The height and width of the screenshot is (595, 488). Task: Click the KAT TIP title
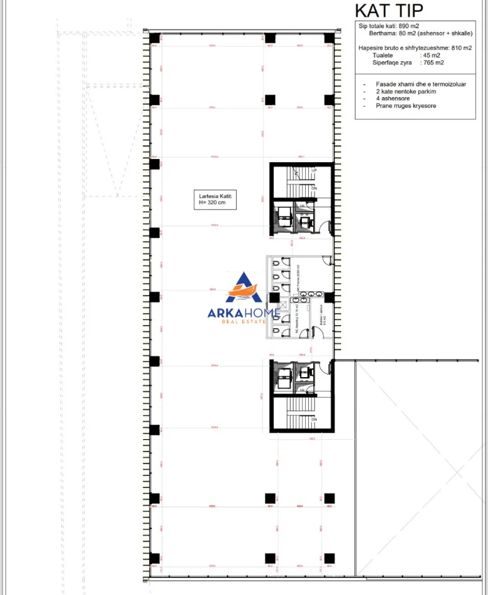(x=389, y=11)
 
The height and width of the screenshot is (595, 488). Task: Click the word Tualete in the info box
(x=383, y=55)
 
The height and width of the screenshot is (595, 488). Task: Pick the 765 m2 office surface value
(x=432, y=63)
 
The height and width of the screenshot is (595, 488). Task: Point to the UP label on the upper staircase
(x=314, y=170)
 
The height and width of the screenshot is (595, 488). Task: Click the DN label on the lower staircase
(x=314, y=419)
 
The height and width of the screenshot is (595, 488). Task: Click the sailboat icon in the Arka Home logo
(x=245, y=291)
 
